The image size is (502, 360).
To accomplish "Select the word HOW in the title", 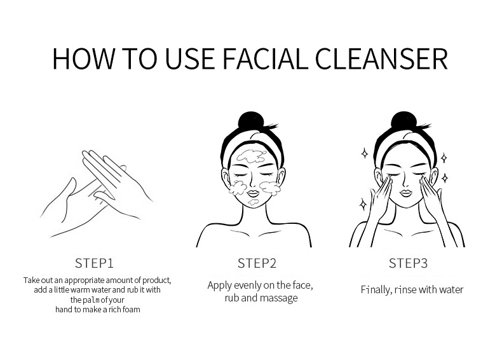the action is point(83,59).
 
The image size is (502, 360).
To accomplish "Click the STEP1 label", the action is point(95,263).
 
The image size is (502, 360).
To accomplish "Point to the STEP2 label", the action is point(257,263).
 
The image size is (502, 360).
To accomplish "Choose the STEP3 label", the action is point(408,263).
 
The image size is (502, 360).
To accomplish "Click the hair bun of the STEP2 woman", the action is point(250,121).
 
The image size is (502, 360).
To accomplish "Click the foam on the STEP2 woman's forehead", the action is point(252,156).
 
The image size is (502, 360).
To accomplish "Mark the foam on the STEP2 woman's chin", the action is point(254,202).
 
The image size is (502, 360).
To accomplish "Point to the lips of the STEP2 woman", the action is point(253,193).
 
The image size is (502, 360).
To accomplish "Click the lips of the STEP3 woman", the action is point(405,193).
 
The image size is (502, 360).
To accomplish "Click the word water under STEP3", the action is point(451,290).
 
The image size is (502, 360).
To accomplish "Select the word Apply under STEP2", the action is point(220,286).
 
